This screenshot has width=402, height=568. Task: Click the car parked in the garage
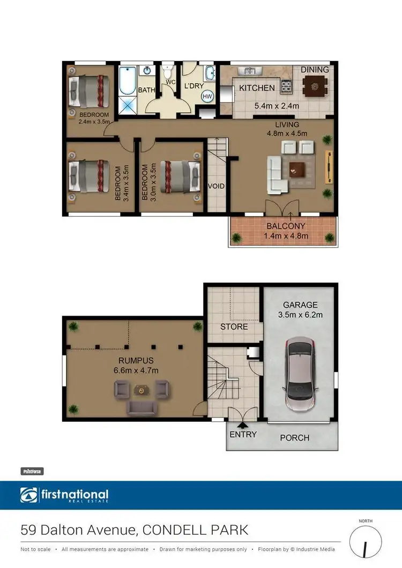click(300, 375)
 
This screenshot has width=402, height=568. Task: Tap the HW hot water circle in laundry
click(207, 96)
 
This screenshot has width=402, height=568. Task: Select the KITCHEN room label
click(257, 88)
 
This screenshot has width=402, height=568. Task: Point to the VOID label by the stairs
click(217, 186)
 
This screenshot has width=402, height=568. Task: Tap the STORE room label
click(234, 326)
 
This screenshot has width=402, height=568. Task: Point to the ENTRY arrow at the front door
click(243, 425)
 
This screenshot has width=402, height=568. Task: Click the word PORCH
click(295, 437)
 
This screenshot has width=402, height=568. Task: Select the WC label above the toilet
click(170, 82)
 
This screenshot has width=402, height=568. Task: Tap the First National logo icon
click(29, 496)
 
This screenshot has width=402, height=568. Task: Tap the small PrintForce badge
click(32, 472)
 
